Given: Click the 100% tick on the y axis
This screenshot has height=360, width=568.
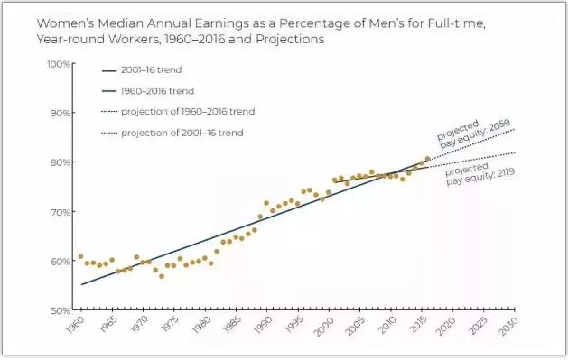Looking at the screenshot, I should tap(59, 64).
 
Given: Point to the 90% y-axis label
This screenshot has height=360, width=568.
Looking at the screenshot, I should tap(61, 113).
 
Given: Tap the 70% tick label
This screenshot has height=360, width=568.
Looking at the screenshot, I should tap(61, 212).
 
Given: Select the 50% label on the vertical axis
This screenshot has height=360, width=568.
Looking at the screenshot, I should tap(61, 310).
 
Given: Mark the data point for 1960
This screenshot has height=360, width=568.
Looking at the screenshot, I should tap(80, 256).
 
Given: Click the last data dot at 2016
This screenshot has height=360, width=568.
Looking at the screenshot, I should tap(427, 159).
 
